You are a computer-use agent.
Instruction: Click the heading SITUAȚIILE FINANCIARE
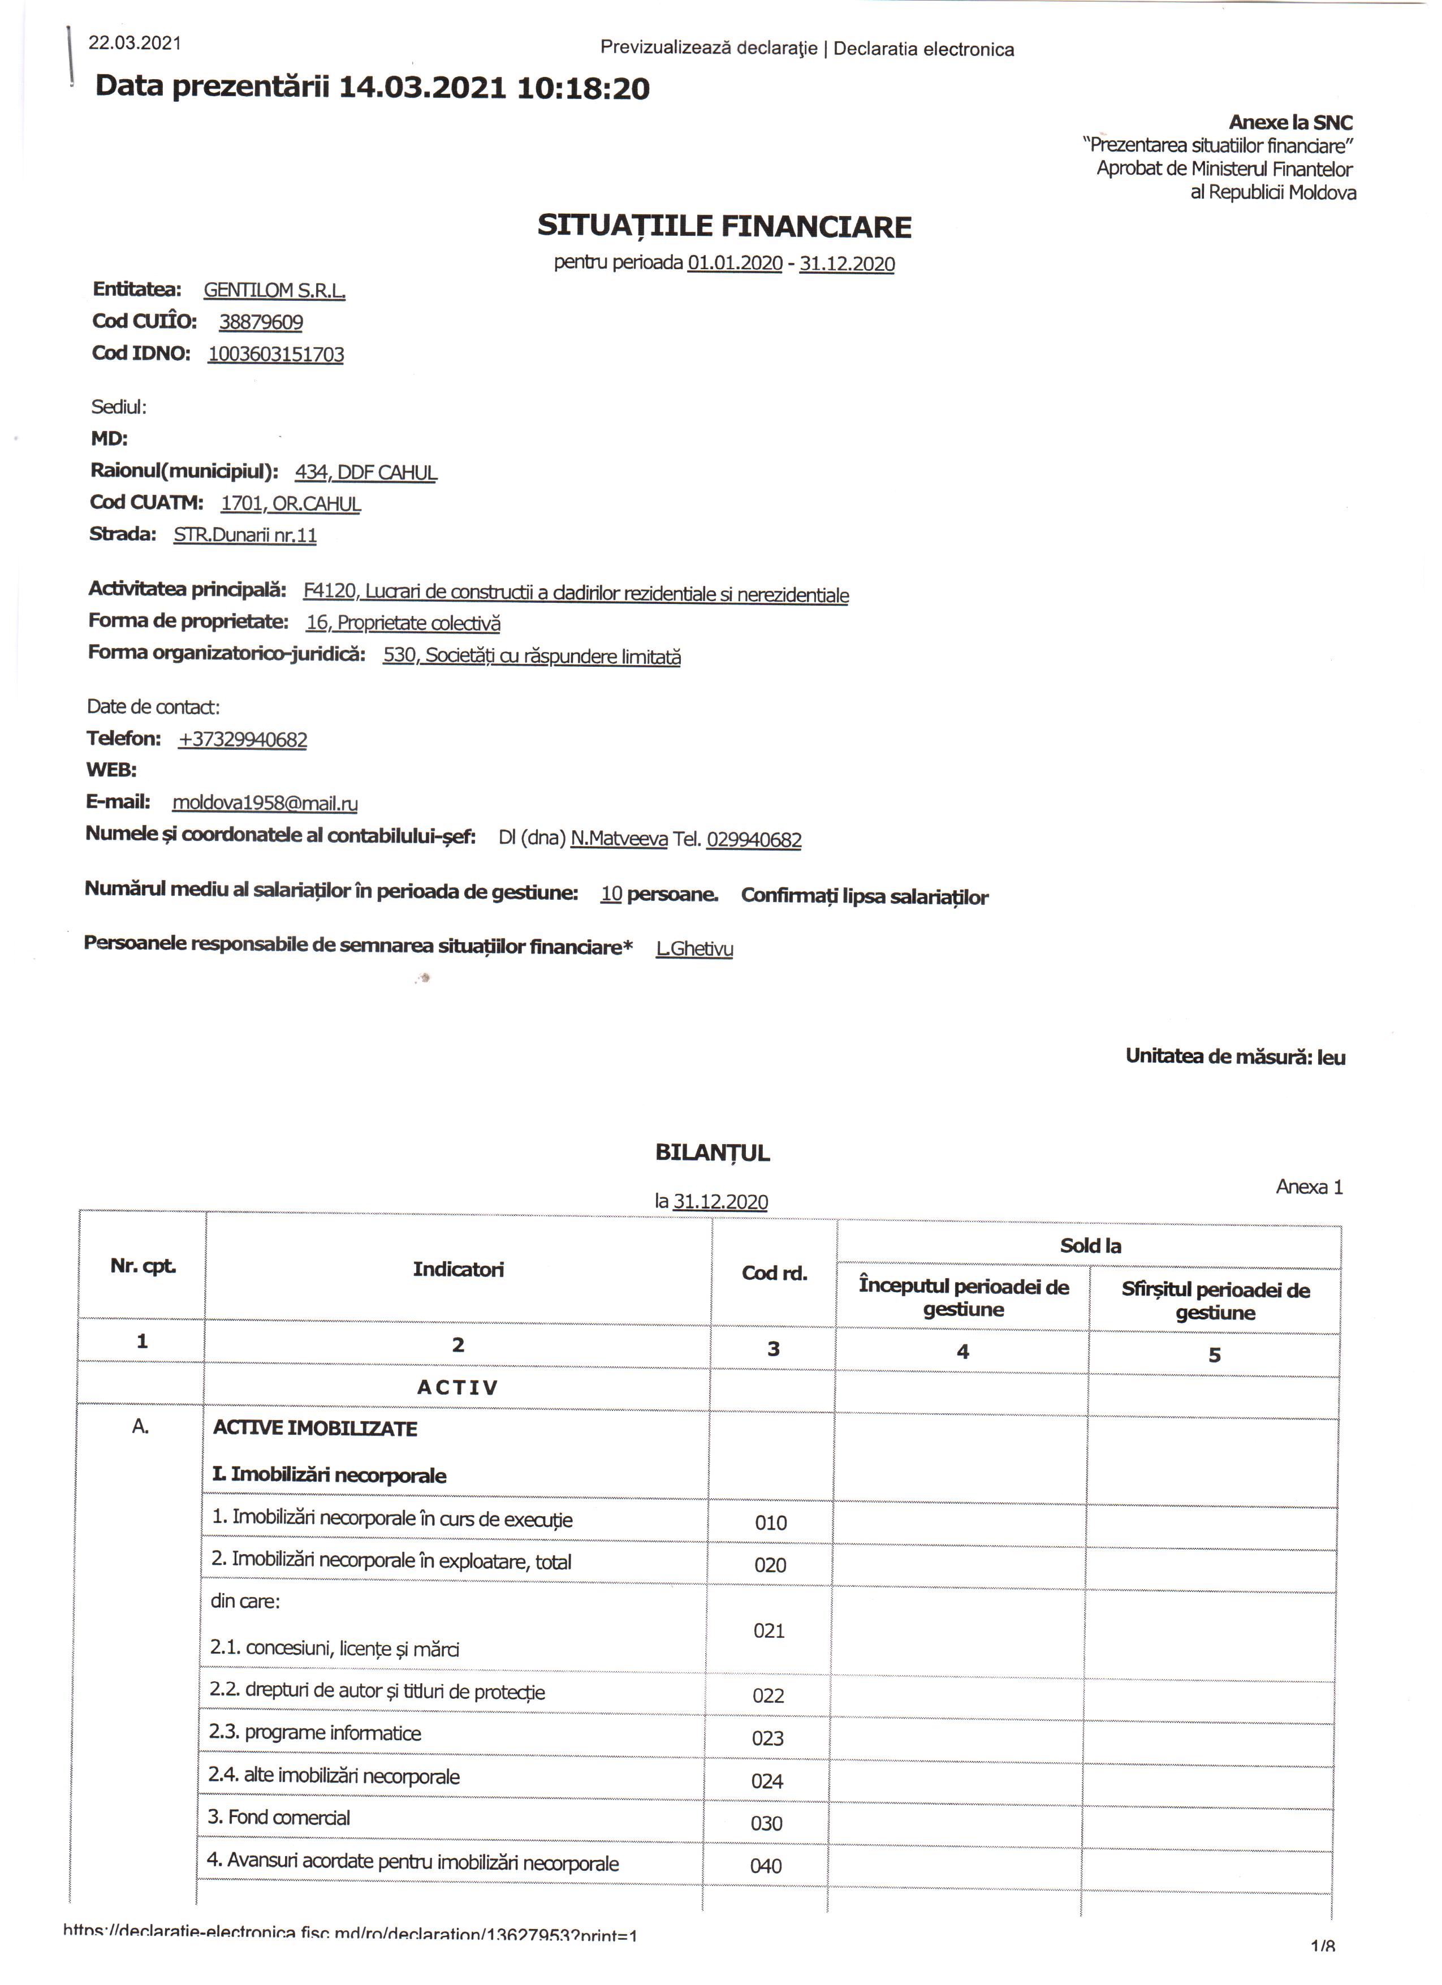pyautogui.click(x=724, y=227)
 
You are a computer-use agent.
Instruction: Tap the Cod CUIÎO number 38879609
pyautogui.click(x=261, y=322)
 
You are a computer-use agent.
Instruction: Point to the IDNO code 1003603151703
pyautogui.click(x=275, y=355)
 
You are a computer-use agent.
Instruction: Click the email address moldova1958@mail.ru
pyautogui.click(x=265, y=802)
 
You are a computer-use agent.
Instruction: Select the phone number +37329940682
pyautogui.click(x=243, y=740)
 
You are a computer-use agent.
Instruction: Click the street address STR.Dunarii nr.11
pyautogui.click(x=245, y=535)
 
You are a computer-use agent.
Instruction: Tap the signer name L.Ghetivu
pyautogui.click(x=695, y=948)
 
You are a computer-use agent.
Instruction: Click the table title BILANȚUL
pyautogui.click(x=713, y=1153)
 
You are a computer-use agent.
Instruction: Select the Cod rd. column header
pyautogui.click(x=774, y=1272)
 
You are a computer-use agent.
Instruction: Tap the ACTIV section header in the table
pyautogui.click(x=457, y=1387)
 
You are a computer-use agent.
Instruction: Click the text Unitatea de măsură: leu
pyautogui.click(x=1234, y=1056)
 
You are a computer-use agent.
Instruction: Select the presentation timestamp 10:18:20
pyautogui.click(x=584, y=88)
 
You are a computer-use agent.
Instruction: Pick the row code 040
pyautogui.click(x=766, y=1865)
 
